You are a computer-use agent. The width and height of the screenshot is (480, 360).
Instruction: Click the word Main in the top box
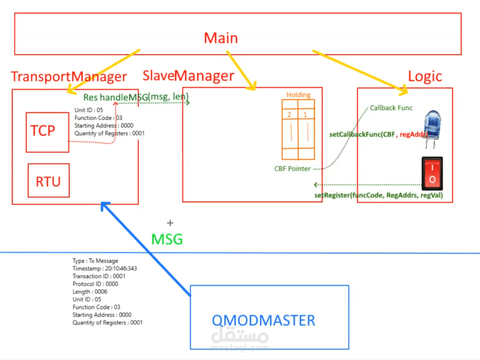click(221, 38)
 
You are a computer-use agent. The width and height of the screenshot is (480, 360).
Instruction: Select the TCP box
click(47, 132)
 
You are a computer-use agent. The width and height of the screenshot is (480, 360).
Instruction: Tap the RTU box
click(48, 180)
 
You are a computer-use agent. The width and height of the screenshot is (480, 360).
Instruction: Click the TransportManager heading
click(69, 76)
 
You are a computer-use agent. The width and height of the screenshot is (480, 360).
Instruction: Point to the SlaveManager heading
click(188, 76)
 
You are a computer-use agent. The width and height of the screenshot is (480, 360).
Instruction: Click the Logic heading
click(425, 76)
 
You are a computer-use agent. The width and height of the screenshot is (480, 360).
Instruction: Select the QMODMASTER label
click(263, 320)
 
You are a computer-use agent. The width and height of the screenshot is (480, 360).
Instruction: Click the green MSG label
click(167, 239)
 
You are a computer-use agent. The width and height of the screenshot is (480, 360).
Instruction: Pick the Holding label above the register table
click(298, 95)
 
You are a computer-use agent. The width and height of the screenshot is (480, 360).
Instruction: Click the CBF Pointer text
click(292, 169)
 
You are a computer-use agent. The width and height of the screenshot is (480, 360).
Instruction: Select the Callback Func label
click(391, 108)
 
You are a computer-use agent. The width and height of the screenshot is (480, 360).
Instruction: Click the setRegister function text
click(378, 195)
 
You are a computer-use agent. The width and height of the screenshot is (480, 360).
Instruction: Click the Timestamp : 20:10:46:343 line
click(104, 268)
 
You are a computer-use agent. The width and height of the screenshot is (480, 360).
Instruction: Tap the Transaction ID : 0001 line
click(99, 276)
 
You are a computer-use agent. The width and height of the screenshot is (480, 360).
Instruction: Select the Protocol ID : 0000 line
click(95, 284)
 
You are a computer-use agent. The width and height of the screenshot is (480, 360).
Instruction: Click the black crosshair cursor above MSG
click(170, 223)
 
